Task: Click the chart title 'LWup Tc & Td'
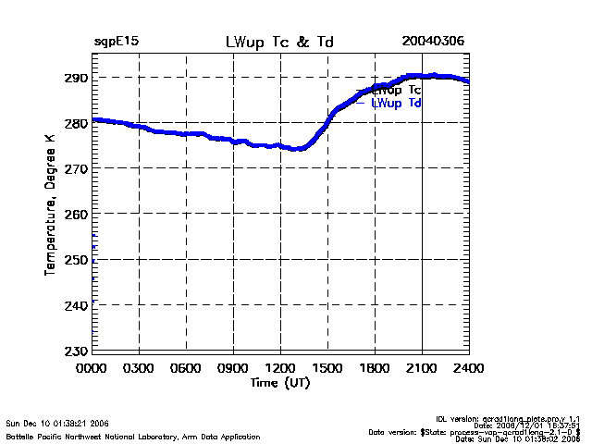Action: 279,43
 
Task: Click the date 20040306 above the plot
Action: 433,43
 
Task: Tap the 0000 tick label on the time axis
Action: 92,368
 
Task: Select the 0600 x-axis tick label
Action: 186,368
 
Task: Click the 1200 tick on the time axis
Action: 280,368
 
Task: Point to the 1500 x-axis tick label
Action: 327,368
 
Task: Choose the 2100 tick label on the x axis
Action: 422,368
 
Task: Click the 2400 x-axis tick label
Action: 469,368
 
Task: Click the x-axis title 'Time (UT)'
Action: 279,383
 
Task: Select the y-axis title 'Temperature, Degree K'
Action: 48,203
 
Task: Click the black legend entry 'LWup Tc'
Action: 398,91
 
